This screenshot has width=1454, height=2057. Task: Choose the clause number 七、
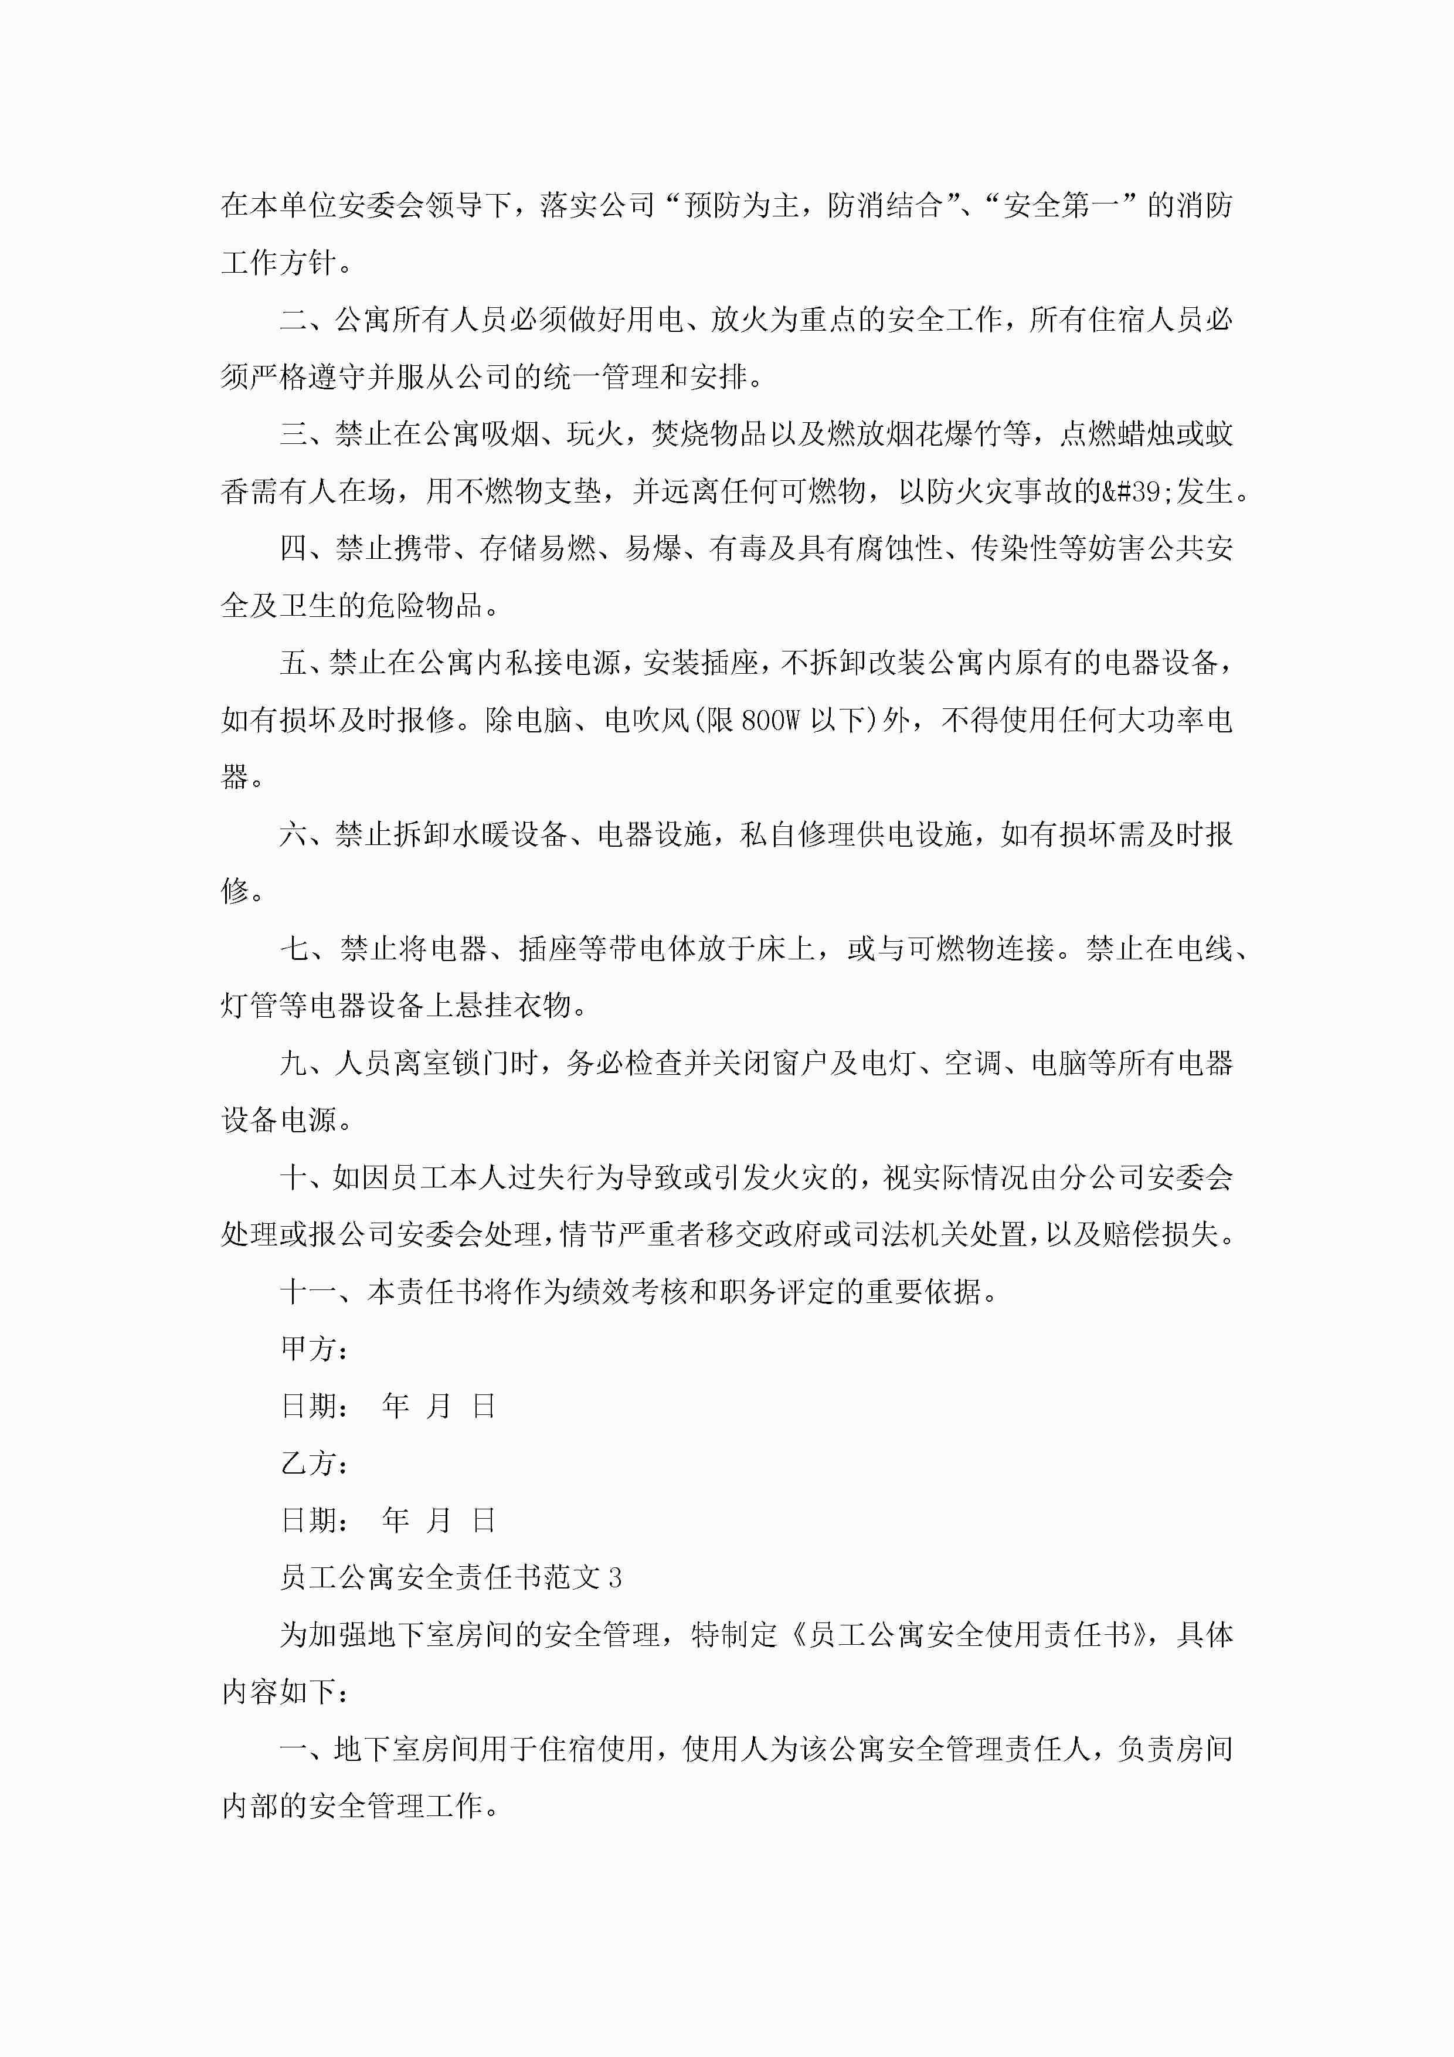tap(307, 949)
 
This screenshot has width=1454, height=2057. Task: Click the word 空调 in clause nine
tap(972, 1064)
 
